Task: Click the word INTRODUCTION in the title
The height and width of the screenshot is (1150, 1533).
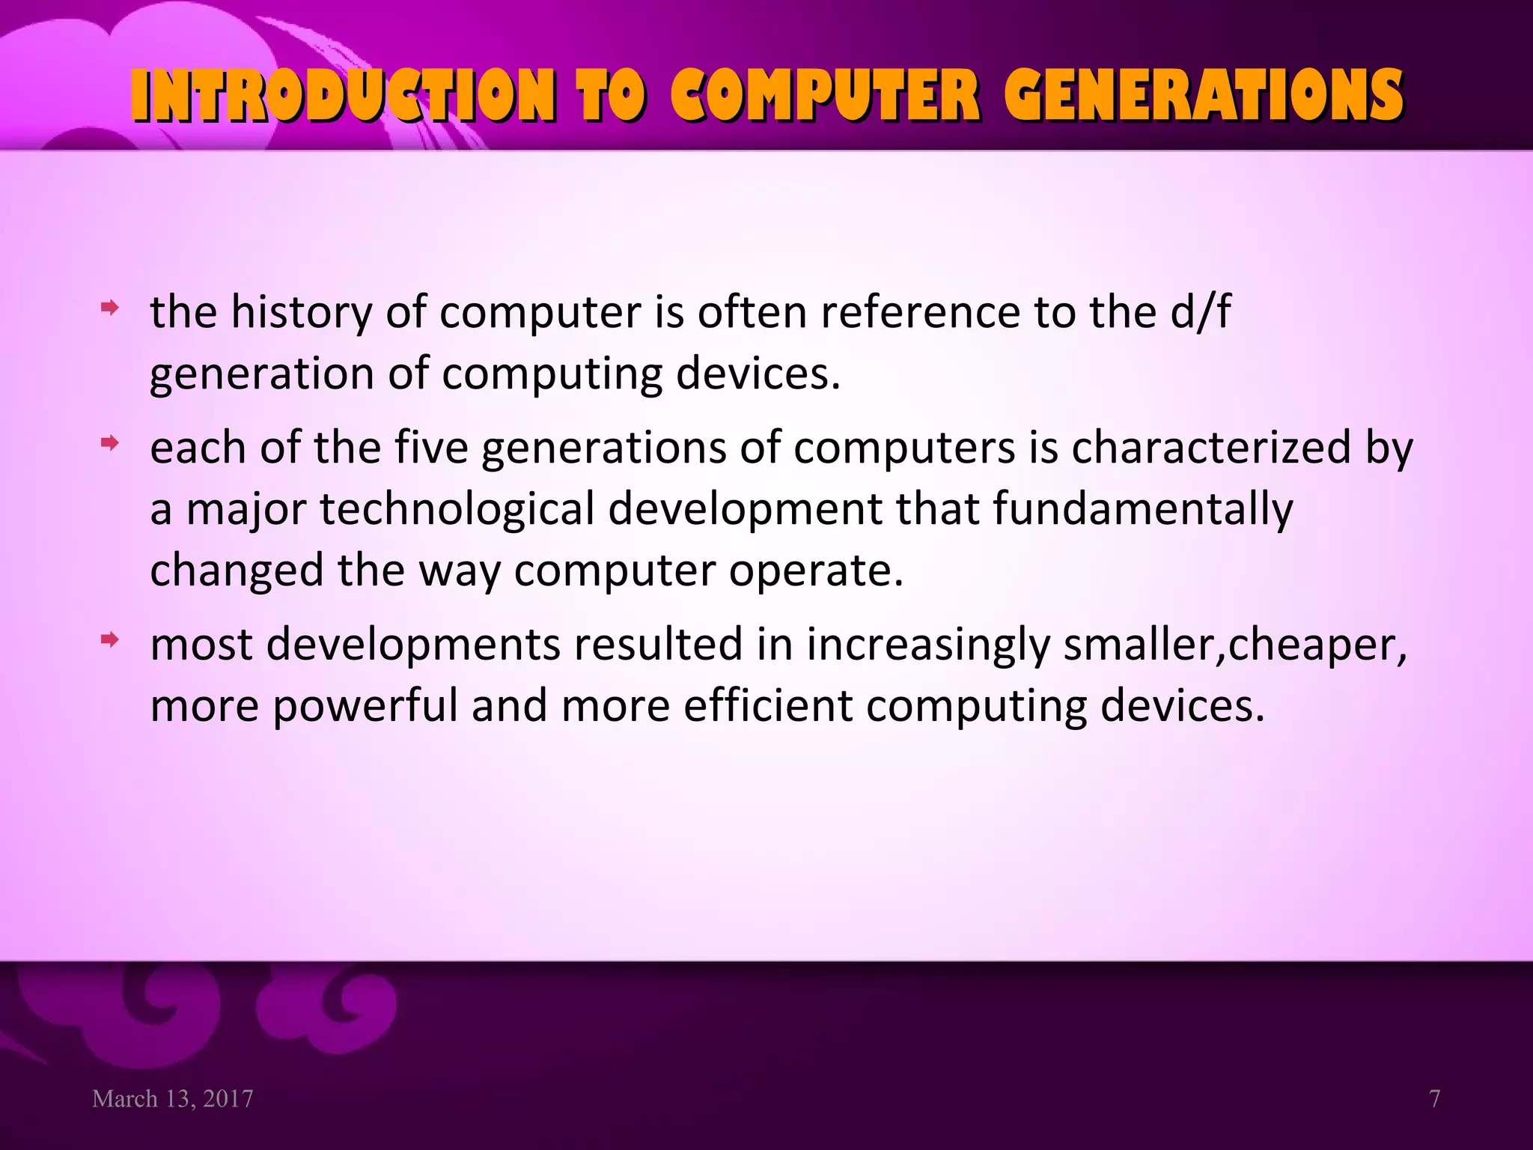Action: click(343, 95)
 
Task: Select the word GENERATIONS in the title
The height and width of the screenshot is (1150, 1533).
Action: click(1204, 95)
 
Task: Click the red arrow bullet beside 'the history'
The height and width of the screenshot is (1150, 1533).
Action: click(110, 307)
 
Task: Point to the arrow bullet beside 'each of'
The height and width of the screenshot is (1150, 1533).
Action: click(110, 443)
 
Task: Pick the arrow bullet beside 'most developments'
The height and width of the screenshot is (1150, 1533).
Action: click(110, 639)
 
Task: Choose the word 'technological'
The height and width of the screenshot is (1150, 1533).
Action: click(457, 509)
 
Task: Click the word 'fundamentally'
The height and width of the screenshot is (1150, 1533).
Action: click(1142, 509)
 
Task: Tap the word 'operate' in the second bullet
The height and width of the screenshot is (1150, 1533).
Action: click(816, 571)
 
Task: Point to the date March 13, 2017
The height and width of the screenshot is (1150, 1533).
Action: click(172, 1098)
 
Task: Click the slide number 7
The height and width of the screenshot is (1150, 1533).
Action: click(1434, 1098)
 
